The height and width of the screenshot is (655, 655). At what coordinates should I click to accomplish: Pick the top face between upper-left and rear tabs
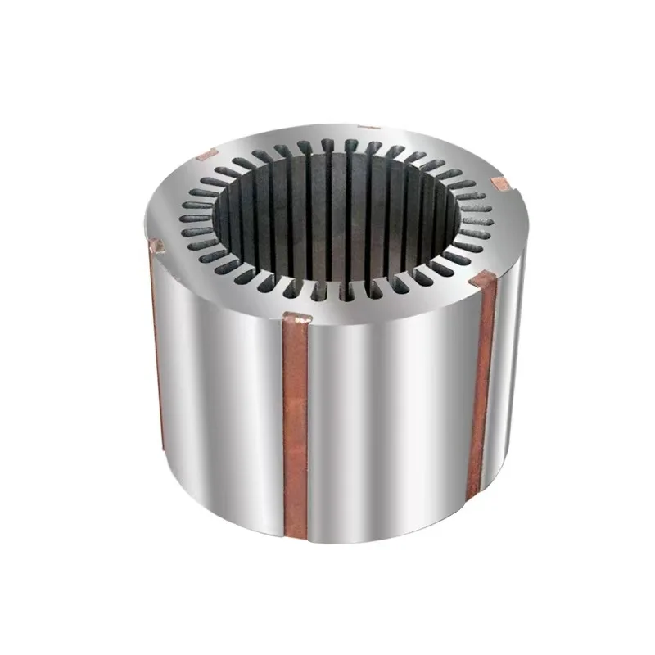tap(278, 135)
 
